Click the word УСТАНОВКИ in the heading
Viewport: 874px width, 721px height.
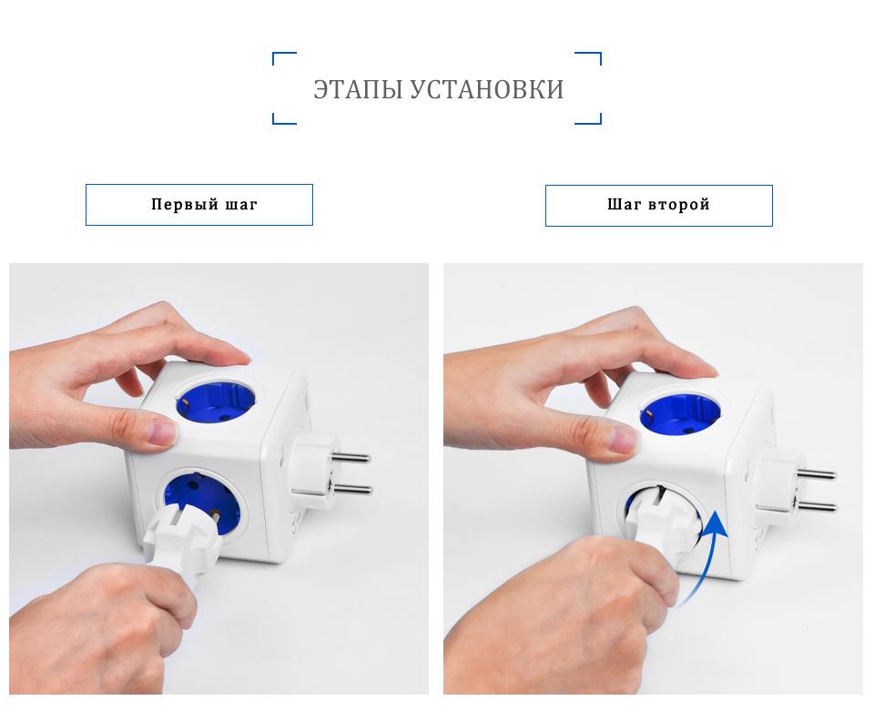[486, 90]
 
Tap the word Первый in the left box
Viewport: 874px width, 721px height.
[185, 205]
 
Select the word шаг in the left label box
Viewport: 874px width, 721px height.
[240, 206]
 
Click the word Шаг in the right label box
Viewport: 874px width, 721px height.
[624, 205]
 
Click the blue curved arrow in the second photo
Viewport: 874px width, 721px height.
[705, 557]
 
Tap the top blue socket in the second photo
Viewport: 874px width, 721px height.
[679, 414]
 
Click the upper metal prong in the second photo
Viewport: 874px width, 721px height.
[816, 474]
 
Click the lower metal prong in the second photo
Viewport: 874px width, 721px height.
[817, 506]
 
